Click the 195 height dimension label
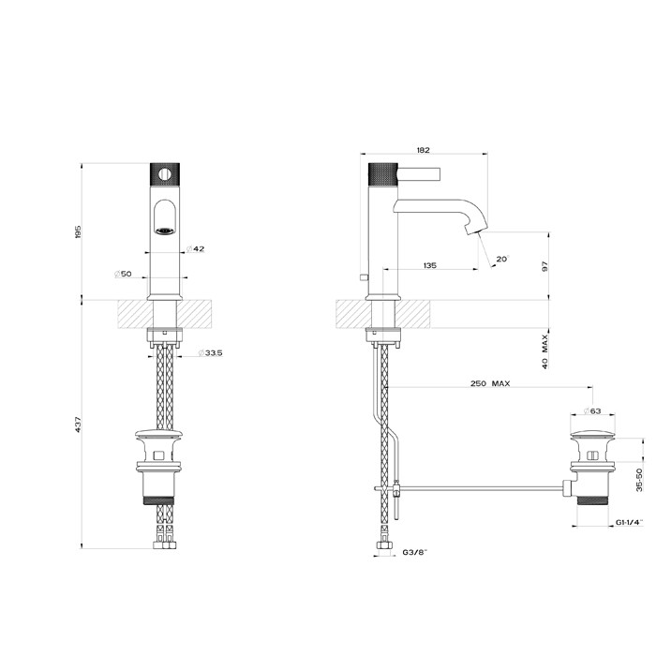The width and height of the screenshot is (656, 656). click(79, 231)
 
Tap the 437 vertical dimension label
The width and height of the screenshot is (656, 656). click(79, 425)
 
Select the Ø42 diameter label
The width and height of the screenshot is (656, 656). click(196, 248)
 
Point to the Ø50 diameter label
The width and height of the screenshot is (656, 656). click(123, 274)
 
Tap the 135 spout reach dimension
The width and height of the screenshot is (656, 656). click(429, 266)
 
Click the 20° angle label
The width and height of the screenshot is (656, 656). click(502, 259)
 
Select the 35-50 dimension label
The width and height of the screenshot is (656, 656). click(638, 479)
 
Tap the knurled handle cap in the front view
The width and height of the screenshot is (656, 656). click(165, 173)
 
